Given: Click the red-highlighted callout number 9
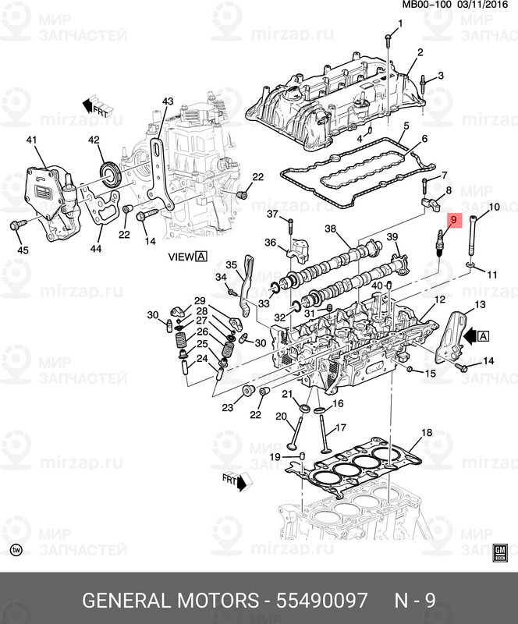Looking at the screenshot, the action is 453,219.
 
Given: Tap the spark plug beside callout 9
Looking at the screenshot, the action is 439,243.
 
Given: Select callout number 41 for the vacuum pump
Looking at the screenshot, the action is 31,140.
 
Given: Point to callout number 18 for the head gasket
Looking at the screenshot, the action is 427,433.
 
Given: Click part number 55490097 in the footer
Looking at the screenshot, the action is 321,600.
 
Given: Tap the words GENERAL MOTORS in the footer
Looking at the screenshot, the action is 170,600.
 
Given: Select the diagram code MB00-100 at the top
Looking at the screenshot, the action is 427,5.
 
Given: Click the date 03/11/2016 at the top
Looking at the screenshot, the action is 483,5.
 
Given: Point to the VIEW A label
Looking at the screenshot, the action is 187,257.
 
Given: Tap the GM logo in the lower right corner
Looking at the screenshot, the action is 500,552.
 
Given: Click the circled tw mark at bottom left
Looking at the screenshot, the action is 16,550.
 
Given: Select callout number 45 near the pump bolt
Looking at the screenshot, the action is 23,250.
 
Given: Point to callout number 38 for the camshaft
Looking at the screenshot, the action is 330,229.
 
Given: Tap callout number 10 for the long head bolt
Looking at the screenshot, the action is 494,207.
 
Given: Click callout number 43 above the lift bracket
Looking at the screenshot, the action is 168,101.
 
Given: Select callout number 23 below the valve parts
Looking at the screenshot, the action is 227,407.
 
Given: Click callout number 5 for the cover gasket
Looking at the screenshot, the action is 406,126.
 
